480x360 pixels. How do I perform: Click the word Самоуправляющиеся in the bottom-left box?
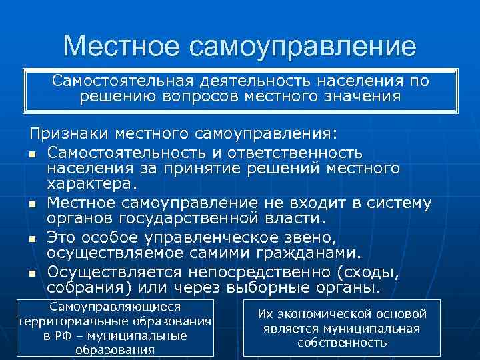point(115,307)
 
